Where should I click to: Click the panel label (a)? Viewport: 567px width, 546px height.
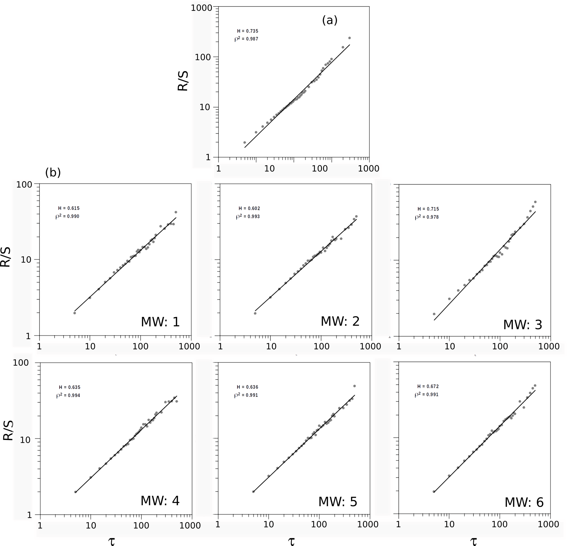[x=329, y=20]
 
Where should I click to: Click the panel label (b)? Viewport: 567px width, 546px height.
[x=53, y=173]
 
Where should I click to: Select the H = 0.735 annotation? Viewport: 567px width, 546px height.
[x=248, y=31]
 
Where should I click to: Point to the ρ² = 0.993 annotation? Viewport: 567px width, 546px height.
[x=248, y=216]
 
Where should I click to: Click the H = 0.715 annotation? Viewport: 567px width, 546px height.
[x=428, y=209]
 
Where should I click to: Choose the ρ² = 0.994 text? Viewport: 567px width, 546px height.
[x=68, y=396]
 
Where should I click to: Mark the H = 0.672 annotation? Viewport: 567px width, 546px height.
[x=428, y=387]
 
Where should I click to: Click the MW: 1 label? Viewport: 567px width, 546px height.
[x=160, y=322]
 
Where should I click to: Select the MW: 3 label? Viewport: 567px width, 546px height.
[x=523, y=325]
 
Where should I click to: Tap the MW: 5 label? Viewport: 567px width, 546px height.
[x=338, y=502]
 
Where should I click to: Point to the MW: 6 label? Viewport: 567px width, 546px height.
[x=524, y=503]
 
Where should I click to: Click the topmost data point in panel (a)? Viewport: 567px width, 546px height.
[x=349, y=38]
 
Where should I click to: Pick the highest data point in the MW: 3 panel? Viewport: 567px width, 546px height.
[x=535, y=202]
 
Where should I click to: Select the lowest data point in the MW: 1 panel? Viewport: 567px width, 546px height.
[x=75, y=313]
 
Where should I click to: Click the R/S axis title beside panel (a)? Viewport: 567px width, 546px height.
[x=183, y=81]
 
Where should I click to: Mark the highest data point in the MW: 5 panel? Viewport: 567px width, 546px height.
[x=354, y=386]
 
